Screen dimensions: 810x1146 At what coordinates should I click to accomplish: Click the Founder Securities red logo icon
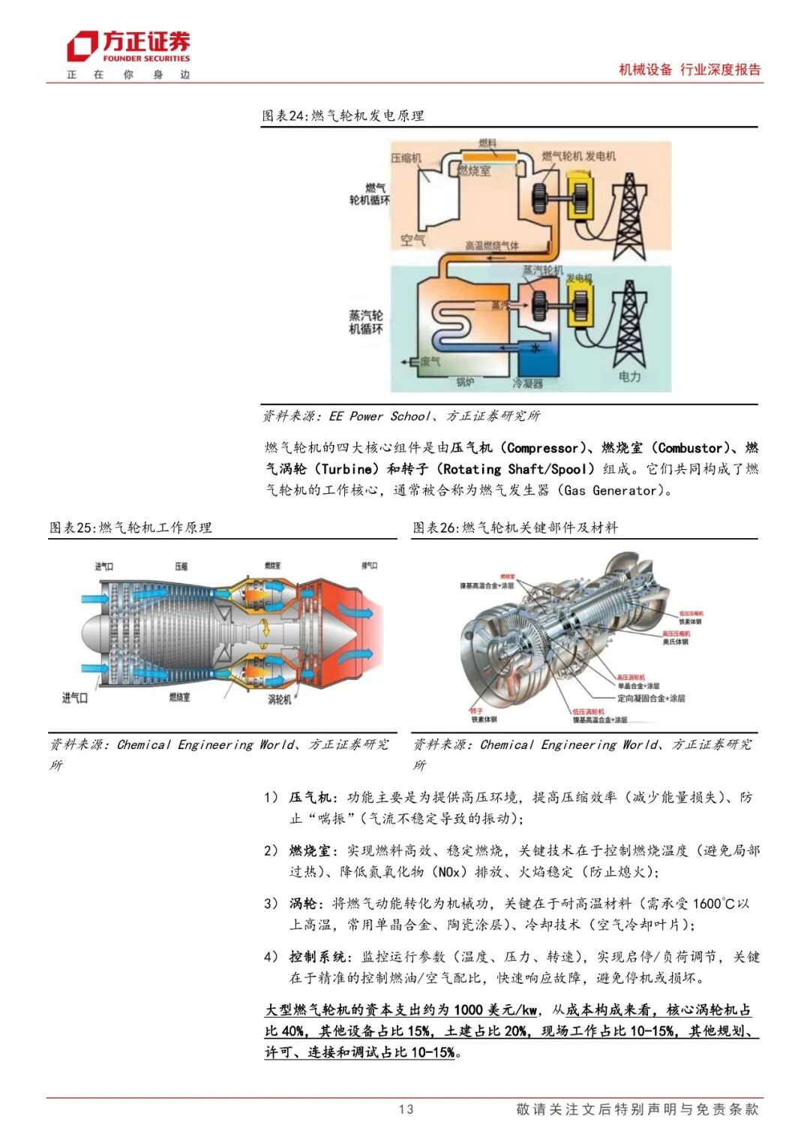click(82, 47)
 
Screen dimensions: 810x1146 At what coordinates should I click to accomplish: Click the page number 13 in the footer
click(406, 1109)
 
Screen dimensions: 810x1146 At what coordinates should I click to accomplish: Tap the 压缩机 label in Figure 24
click(406, 158)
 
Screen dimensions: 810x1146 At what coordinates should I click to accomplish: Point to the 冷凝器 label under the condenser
click(527, 384)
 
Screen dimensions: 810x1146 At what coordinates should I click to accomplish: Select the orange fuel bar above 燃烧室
click(487, 156)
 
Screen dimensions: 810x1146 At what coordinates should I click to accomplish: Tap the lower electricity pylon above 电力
click(628, 322)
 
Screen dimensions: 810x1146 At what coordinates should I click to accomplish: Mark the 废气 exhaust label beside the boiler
click(430, 362)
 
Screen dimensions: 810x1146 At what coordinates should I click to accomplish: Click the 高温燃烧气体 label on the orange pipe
click(491, 245)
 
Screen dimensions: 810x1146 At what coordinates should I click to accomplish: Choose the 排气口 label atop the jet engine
click(369, 566)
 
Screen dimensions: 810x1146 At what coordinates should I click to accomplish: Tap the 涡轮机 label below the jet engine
click(280, 699)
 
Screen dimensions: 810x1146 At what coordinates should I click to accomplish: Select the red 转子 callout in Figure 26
click(476, 711)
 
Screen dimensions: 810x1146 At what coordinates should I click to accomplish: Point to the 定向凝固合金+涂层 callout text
click(651, 698)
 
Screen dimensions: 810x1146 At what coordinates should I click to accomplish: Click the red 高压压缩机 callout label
click(676, 633)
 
